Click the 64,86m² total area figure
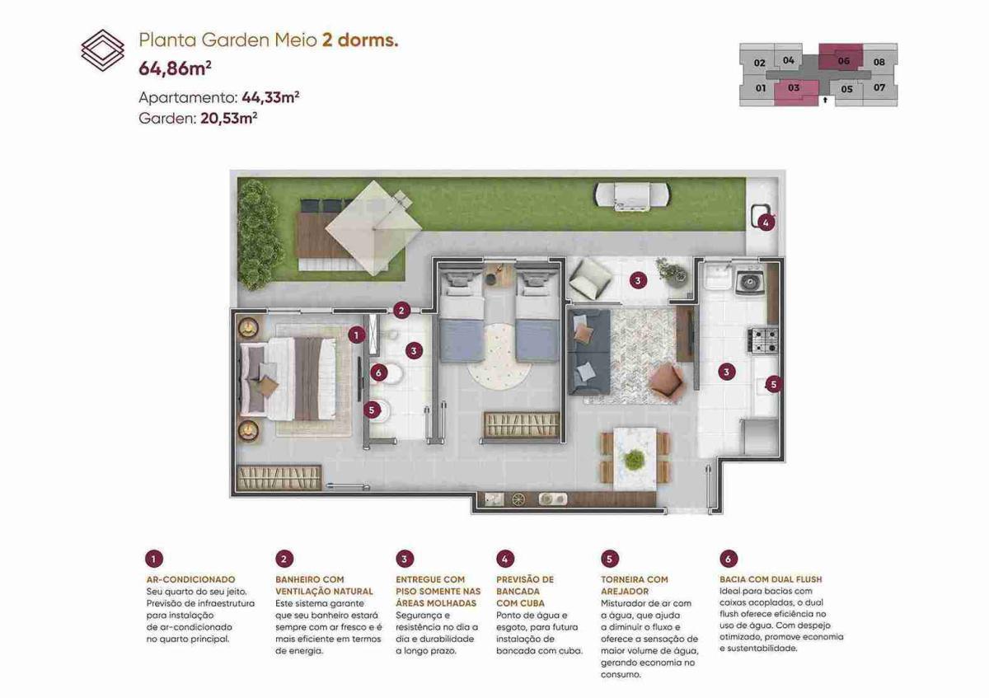point(175,68)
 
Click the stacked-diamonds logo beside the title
point(102,50)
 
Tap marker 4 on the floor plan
point(766,223)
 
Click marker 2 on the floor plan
point(401,311)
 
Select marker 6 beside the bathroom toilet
point(378,373)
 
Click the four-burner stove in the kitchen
point(762,340)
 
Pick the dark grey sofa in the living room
point(589,352)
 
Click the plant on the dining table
point(635,460)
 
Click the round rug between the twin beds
point(499,357)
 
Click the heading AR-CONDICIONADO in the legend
point(190,579)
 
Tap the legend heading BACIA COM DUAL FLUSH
point(771,579)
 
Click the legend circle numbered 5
point(609,560)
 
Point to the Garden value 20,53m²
point(229,119)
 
